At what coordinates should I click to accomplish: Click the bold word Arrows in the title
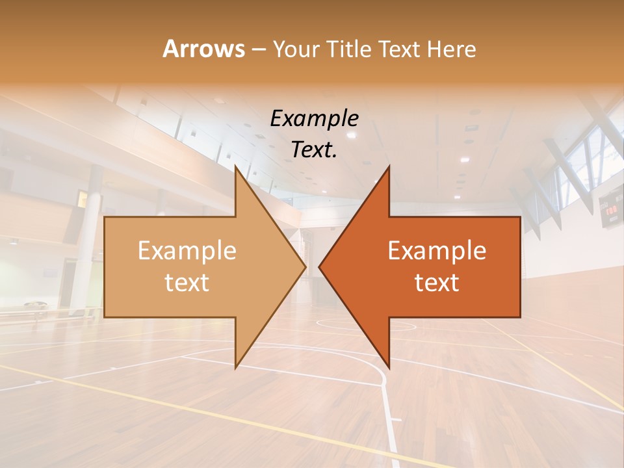(203, 49)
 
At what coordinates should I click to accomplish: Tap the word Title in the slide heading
(351, 49)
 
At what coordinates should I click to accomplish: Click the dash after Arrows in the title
(258, 50)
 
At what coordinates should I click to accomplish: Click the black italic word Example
(314, 119)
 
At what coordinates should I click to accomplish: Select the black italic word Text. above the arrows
(314, 149)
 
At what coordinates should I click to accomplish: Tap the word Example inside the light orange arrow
(187, 251)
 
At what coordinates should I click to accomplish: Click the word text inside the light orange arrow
(187, 282)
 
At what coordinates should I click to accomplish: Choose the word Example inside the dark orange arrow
(437, 251)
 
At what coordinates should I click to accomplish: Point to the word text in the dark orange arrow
(437, 282)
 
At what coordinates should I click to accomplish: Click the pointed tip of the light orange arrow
(304, 266)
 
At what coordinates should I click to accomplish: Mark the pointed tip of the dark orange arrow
(320, 266)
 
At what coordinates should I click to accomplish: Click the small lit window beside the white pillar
(83, 199)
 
